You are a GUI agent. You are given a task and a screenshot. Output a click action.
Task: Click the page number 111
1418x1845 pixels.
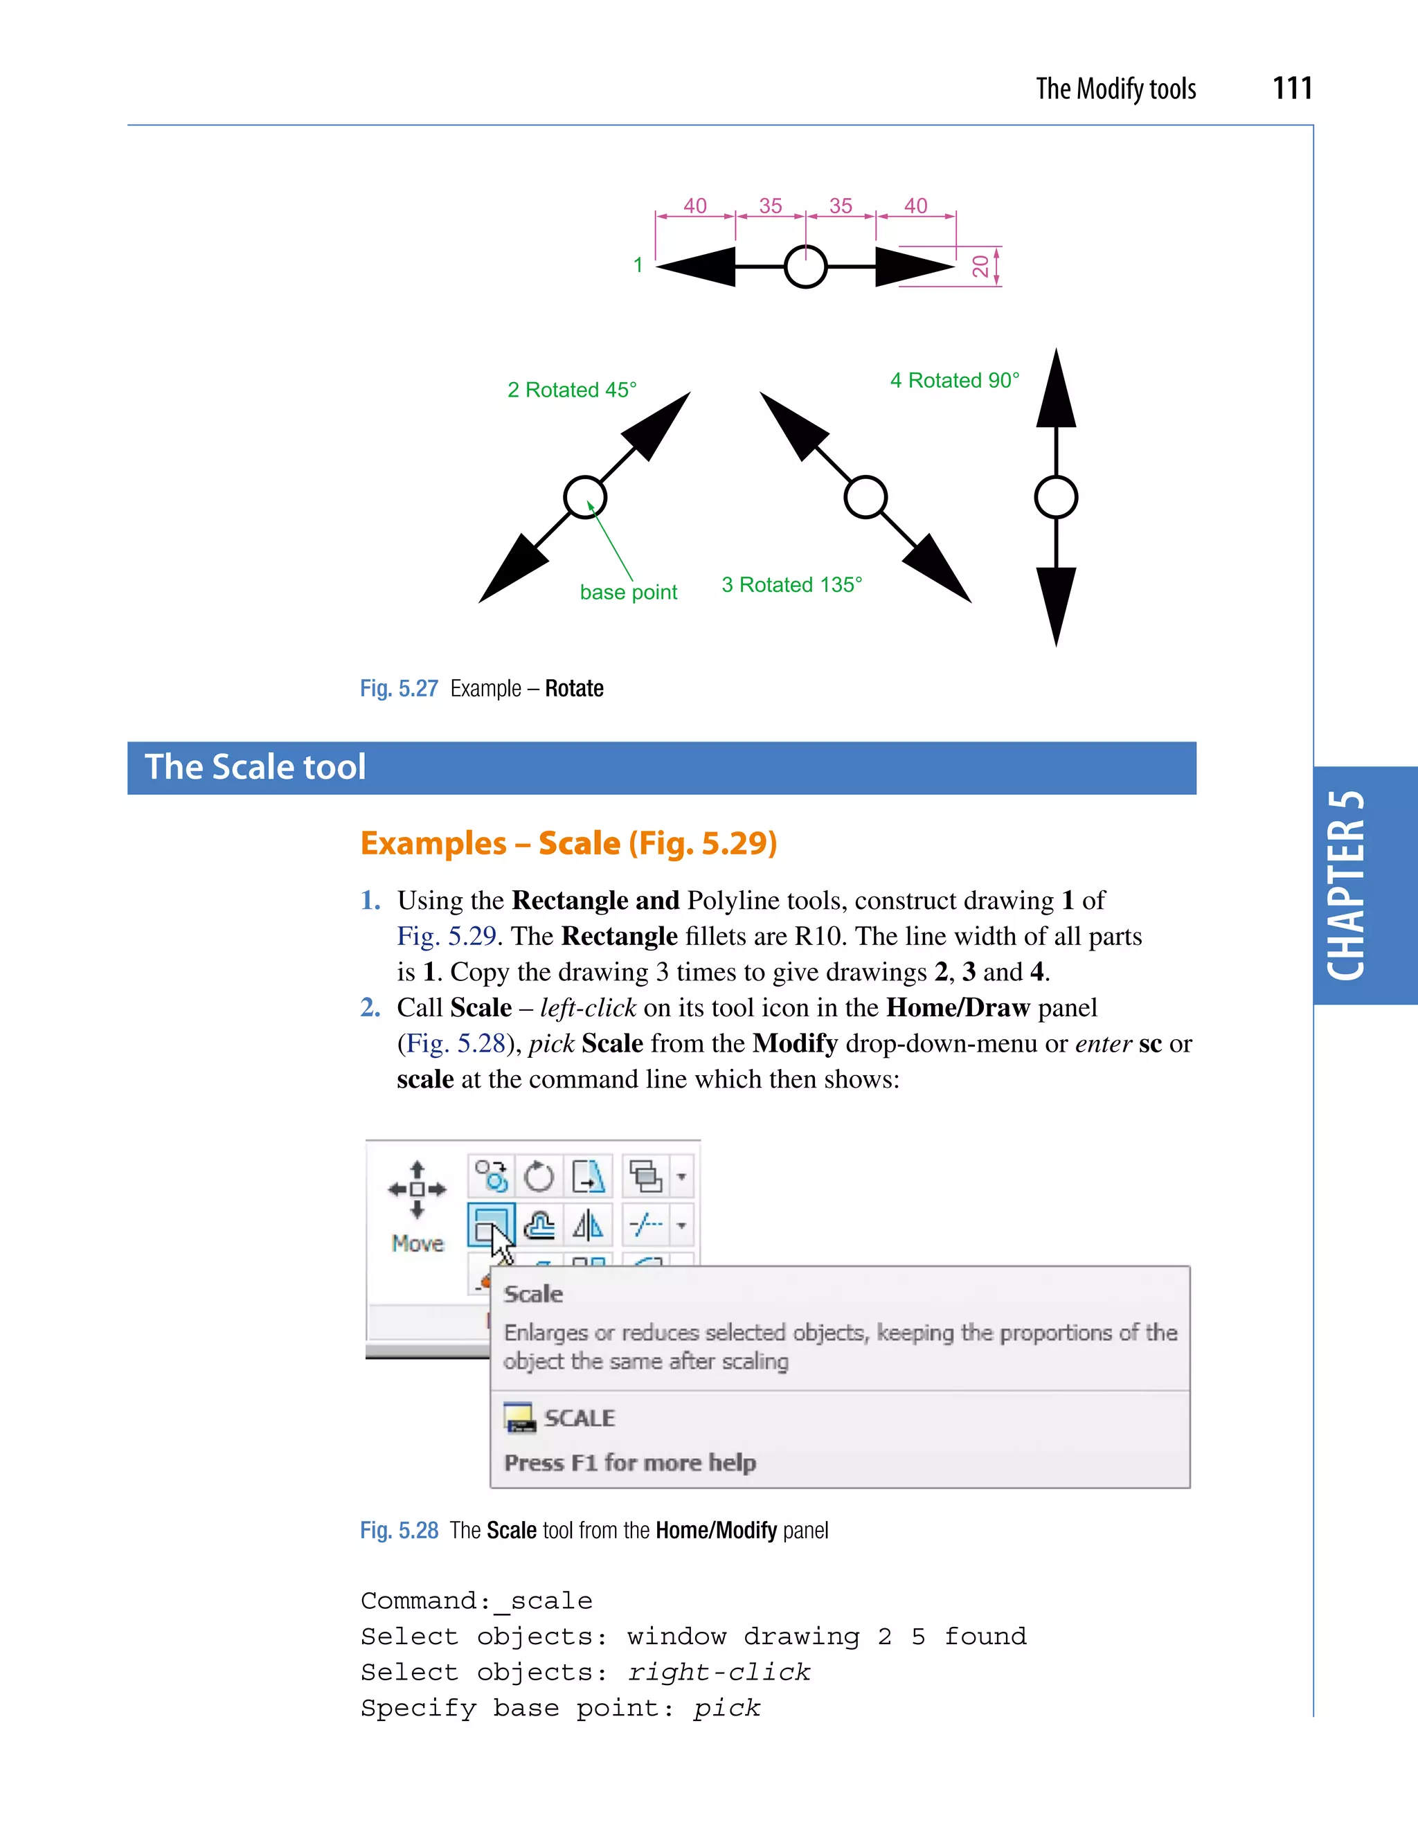click(x=1291, y=88)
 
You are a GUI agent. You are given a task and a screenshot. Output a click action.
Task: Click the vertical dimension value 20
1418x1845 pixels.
click(x=980, y=267)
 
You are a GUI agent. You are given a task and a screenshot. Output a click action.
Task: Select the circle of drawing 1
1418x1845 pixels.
click(x=805, y=267)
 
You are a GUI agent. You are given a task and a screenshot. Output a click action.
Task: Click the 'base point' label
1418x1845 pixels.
click(x=628, y=593)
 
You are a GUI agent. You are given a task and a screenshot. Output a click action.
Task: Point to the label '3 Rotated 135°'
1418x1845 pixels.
click(x=791, y=585)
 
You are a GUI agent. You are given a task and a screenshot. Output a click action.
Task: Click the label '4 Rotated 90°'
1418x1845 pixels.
click(x=954, y=381)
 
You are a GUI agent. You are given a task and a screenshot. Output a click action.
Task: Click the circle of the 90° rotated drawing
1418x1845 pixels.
click(x=1055, y=497)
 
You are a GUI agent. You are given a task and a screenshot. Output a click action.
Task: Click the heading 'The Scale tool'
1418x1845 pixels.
click(x=255, y=767)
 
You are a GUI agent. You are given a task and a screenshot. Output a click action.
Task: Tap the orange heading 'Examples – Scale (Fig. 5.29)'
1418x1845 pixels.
click(x=568, y=843)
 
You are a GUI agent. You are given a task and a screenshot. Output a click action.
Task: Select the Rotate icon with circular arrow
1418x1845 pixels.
click(x=539, y=1176)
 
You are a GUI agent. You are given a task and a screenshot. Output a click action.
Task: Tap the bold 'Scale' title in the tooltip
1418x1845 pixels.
click(x=532, y=1294)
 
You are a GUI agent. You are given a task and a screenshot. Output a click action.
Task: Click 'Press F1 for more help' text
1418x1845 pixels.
click(x=629, y=1463)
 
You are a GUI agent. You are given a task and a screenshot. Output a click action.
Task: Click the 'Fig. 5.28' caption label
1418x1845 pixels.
click(x=398, y=1530)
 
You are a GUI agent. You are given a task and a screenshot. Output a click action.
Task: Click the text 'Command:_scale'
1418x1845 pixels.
click(x=476, y=1601)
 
